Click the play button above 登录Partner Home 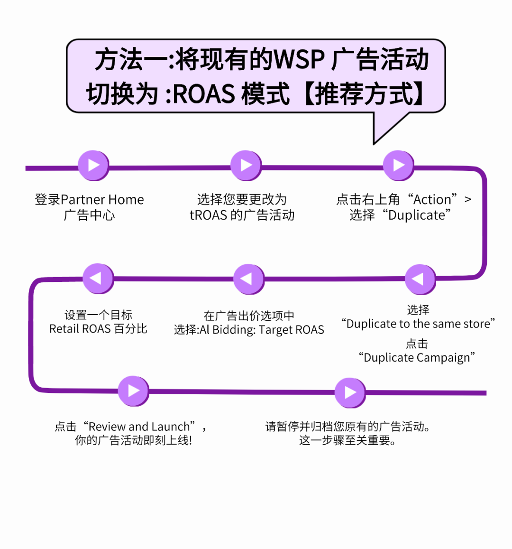(93, 165)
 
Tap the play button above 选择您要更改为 (246, 165)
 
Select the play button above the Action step (398, 165)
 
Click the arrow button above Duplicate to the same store (420, 279)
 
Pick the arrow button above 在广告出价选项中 (248, 279)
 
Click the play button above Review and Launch (133, 391)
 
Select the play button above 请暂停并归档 (350, 392)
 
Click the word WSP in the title (299, 60)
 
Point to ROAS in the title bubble (204, 93)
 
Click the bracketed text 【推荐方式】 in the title (363, 93)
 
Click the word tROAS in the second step (208, 215)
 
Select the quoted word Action (432, 200)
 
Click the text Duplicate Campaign (417, 358)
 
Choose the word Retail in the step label (64, 329)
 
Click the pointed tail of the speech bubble (379, 135)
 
